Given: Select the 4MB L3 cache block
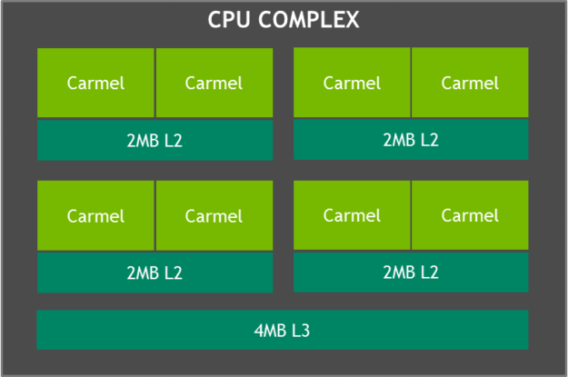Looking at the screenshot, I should (x=283, y=330).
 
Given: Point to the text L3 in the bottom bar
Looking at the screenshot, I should (x=301, y=330).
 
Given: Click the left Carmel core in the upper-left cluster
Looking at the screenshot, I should (x=95, y=83).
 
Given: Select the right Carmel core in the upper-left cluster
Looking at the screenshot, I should (x=214, y=83).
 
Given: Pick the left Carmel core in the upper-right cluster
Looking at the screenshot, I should (x=352, y=83).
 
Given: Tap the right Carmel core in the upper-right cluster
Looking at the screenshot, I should (x=470, y=83).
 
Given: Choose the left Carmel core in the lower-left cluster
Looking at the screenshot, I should (x=95, y=215).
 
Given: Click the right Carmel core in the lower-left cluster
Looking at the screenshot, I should (x=214, y=215).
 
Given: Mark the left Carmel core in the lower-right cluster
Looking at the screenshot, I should (x=352, y=215).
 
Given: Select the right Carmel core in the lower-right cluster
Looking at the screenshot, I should (x=470, y=215).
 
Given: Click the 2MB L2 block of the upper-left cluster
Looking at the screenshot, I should (x=154, y=140).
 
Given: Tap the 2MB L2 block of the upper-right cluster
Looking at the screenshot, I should (x=411, y=140).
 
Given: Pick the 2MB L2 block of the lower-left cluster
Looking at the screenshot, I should (x=154, y=273).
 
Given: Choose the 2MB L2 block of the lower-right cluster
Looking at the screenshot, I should (x=411, y=272).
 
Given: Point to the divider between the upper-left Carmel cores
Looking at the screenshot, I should (x=155, y=83).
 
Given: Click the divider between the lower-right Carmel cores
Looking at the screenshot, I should (x=411, y=215).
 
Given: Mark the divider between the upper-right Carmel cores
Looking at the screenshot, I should (x=411, y=83).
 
